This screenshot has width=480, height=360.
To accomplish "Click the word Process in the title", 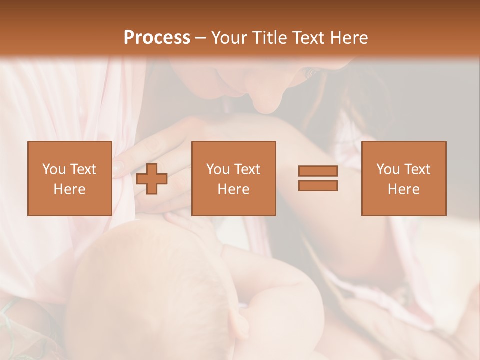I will pos(157,38).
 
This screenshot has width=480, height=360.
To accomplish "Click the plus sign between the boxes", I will pos(152,179).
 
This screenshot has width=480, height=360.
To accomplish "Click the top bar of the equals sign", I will pos(318,171).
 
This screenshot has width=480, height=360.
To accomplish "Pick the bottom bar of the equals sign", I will pos(318,185).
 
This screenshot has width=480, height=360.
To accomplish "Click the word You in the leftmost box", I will pos(53,169).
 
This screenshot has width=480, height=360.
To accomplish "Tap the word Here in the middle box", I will pos(233,189).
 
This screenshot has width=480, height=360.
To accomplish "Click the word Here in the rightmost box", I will pos(403,189).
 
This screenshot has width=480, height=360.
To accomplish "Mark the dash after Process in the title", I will pos(200,38).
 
